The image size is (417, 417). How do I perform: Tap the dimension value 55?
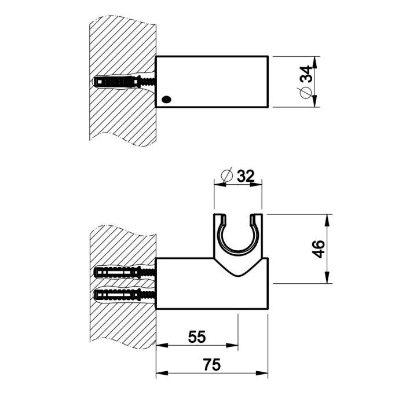pyautogui.click(x=197, y=336)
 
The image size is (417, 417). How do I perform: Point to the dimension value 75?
pyautogui.click(x=211, y=365)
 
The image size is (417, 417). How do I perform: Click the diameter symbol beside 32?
pyautogui.click(x=227, y=174)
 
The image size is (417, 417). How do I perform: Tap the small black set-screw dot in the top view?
pyautogui.click(x=167, y=99)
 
